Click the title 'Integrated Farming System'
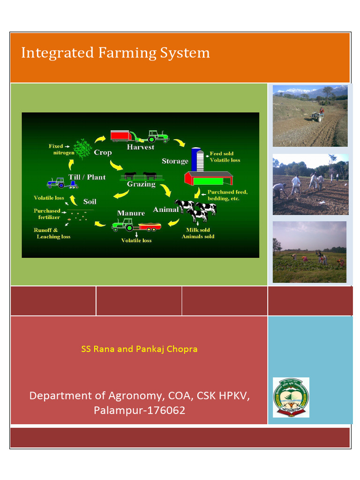[115, 53]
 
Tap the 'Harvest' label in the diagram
[141, 147]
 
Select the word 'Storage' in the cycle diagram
[175, 161]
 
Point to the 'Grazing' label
[141, 184]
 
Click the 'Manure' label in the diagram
[131, 213]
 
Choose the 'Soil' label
[90, 202]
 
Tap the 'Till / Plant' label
[87, 177]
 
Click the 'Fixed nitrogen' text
[61, 150]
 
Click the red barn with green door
[209, 179]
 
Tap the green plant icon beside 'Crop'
[84, 149]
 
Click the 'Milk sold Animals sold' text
[198, 233]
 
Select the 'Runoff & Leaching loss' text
[52, 233]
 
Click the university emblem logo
[291, 397]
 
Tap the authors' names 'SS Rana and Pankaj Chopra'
[139, 349]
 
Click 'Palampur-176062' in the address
[139, 411]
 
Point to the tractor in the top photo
[318, 115]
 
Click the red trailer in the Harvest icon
[121, 136]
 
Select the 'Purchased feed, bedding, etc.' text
[227, 195]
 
